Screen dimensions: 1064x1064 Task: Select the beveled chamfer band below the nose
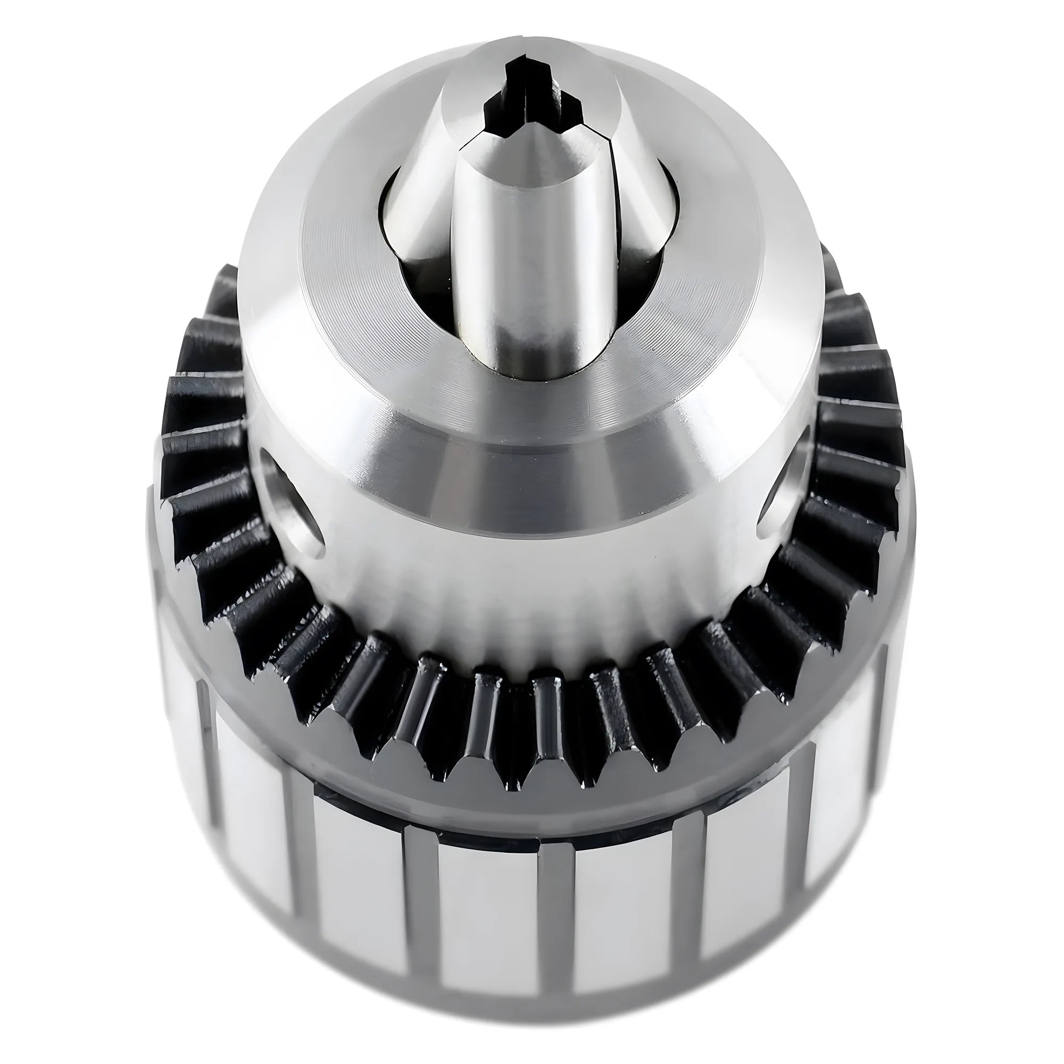pos(529,468)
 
